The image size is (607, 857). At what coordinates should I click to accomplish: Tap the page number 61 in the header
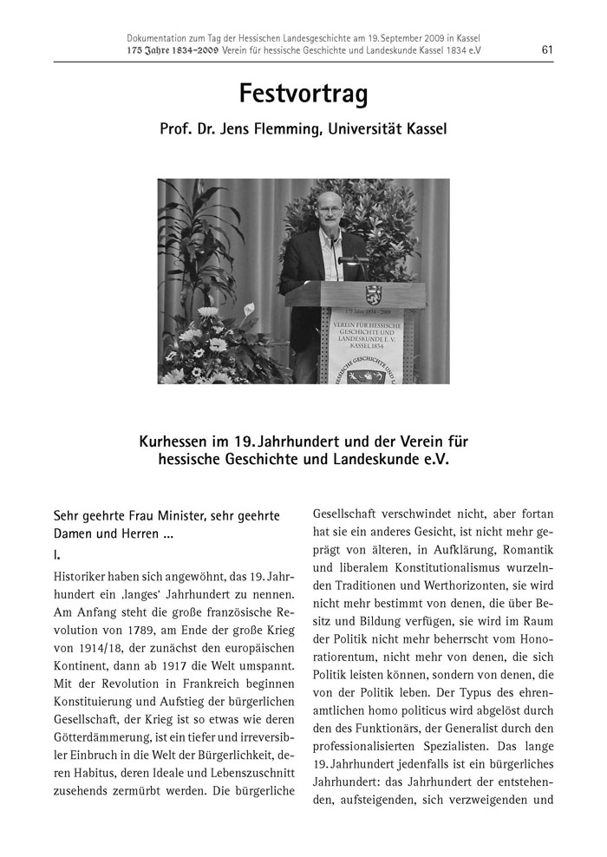547,49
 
